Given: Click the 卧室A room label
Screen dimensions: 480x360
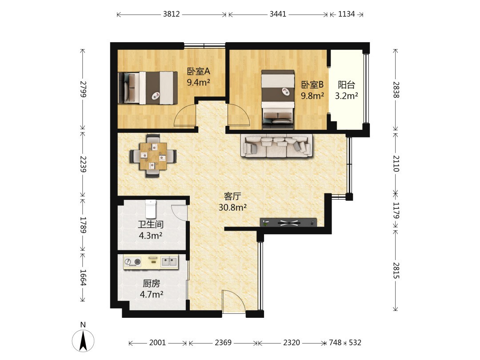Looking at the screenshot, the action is [198, 71].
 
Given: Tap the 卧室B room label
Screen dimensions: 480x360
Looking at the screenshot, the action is [312, 85].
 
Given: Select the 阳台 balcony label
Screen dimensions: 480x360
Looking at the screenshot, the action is [346, 85].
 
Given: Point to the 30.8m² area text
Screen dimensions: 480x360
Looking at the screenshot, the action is [232, 208].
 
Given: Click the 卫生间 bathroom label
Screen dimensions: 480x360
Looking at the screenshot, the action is [150, 224].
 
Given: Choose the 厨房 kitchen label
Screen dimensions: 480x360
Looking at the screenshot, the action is [151, 284].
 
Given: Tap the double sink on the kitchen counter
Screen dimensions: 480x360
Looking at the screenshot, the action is [169, 262].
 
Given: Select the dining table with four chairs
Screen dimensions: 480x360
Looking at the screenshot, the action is [153, 156].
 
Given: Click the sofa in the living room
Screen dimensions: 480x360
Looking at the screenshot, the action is [277, 146].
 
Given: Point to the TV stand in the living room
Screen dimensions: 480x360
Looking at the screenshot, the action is [288, 223].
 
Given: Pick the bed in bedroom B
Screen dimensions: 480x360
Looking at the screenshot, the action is [278, 100].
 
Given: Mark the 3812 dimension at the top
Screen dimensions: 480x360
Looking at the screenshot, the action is [172, 14].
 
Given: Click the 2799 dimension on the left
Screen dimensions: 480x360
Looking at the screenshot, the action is [83, 89].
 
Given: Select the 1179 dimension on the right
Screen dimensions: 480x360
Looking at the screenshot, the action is [396, 210].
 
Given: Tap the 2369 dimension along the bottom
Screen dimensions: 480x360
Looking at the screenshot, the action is [223, 343].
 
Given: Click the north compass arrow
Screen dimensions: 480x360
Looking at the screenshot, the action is [83, 341].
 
